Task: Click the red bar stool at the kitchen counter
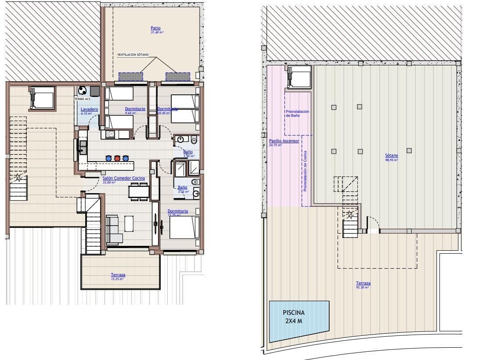click(117, 158)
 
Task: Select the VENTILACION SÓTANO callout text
click(133, 55)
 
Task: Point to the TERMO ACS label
click(82, 99)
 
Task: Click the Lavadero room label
click(89, 109)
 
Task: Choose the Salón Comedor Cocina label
click(123, 178)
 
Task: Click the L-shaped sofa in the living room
click(113, 229)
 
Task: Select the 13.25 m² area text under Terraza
click(117, 279)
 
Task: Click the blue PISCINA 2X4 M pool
click(299, 320)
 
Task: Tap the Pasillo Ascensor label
click(284, 141)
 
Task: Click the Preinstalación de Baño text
click(297, 114)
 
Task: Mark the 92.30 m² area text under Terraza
click(363, 287)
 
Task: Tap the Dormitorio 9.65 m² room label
click(135, 109)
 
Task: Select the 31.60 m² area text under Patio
click(157, 32)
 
